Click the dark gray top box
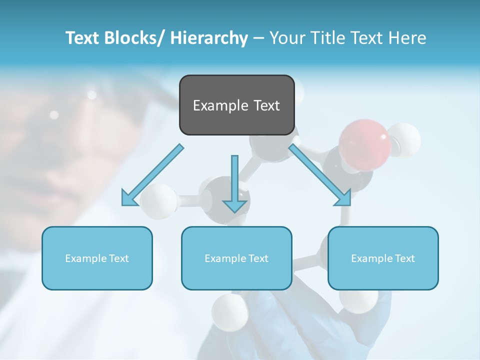[236, 105]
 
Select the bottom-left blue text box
[97, 258]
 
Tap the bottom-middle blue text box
[236, 258]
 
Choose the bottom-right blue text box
[383, 258]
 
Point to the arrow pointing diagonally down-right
[320, 175]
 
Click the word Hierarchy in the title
[209, 38]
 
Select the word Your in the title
[286, 38]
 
